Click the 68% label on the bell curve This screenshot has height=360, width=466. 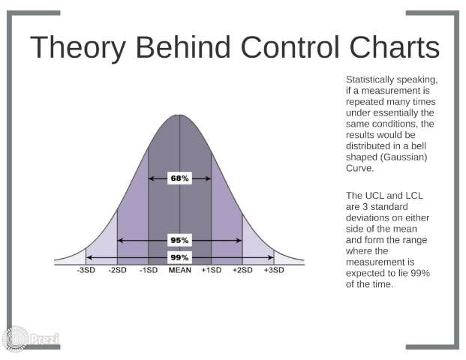tap(179, 178)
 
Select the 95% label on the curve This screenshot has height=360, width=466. tap(179, 240)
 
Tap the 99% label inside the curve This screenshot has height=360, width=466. tap(179, 257)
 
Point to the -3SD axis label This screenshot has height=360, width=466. tap(86, 270)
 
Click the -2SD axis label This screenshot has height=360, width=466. tap(117, 270)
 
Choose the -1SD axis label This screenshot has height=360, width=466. tap(149, 270)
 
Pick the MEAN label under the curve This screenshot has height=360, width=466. tap(180, 270)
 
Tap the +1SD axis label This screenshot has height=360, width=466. tap(212, 270)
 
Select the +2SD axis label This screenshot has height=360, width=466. tap(242, 270)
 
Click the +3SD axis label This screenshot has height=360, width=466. tap(274, 270)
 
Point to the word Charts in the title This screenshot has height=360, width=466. tap(395, 47)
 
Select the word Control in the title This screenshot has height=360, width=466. tap(290, 47)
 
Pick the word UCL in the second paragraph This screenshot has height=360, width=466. tap(374, 196)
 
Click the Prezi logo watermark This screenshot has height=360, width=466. tap(31, 338)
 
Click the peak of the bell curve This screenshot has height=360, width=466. tap(179, 115)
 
